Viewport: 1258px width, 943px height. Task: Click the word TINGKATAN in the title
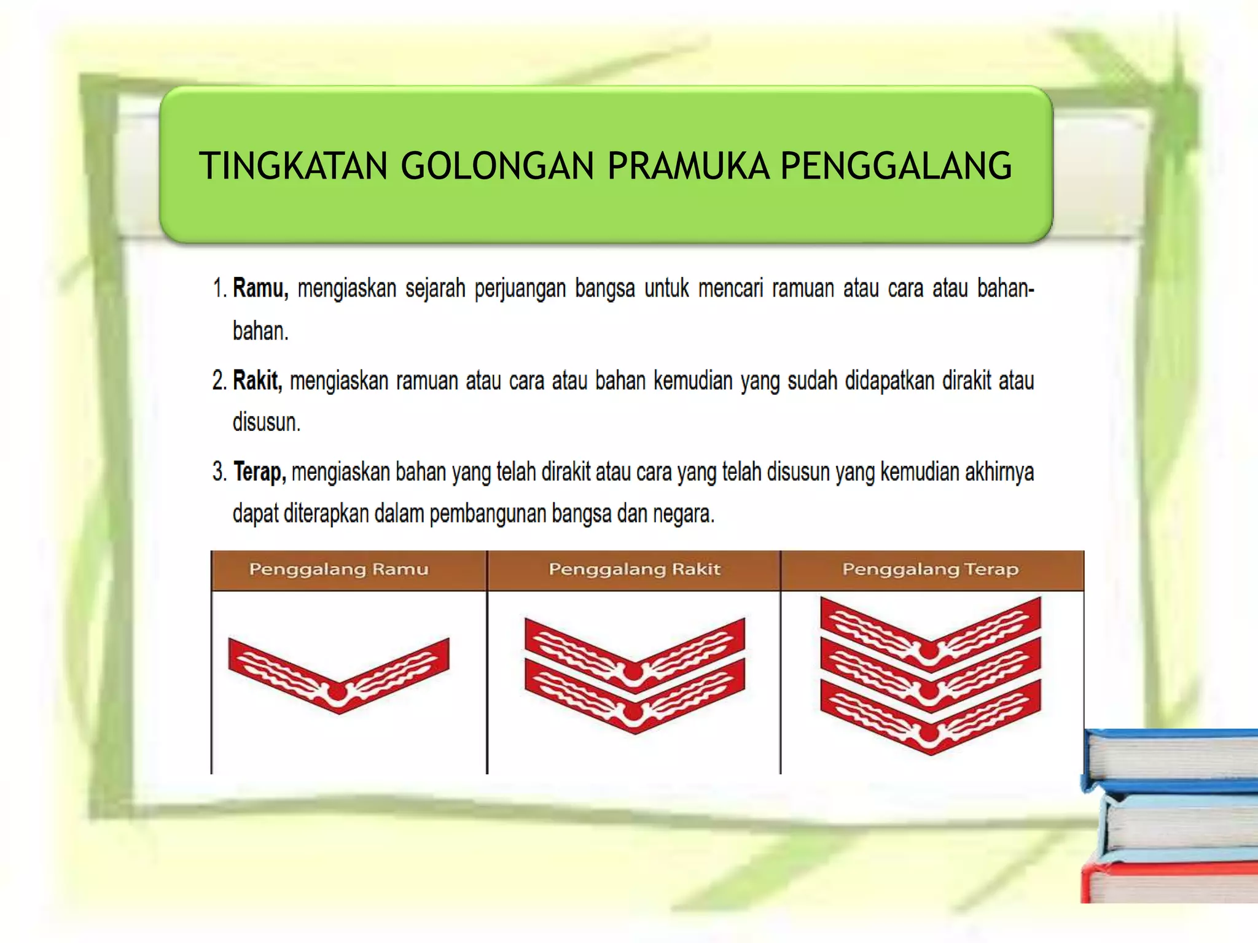293,166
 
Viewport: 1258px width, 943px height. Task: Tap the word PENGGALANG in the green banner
896,166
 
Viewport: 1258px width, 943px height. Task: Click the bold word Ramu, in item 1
260,288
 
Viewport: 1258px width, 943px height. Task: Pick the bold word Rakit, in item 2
257,381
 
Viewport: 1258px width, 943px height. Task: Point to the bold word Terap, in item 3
259,472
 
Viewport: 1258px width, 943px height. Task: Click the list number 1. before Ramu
220,288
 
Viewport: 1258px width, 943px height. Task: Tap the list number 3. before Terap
220,472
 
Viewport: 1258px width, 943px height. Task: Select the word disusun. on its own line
266,422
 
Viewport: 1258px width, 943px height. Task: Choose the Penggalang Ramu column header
338,570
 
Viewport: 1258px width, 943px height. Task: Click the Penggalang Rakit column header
634,570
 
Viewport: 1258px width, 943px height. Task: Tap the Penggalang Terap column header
930,570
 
